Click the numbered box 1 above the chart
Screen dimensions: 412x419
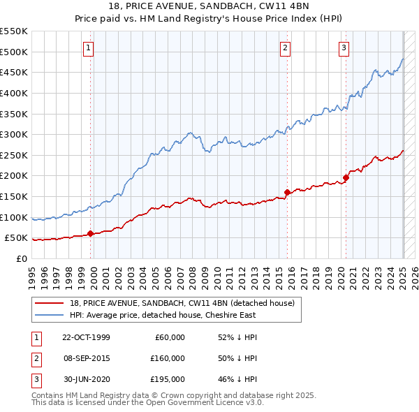click(89, 48)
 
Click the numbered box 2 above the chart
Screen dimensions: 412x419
click(286, 48)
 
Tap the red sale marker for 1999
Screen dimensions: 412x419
click(91, 234)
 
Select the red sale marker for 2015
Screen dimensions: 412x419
click(287, 192)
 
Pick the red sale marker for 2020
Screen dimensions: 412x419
click(346, 177)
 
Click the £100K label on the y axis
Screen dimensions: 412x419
click(14, 217)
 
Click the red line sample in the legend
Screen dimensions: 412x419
click(49, 303)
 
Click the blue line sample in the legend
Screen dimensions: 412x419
click(49, 315)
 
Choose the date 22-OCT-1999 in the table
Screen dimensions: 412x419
click(86, 337)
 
